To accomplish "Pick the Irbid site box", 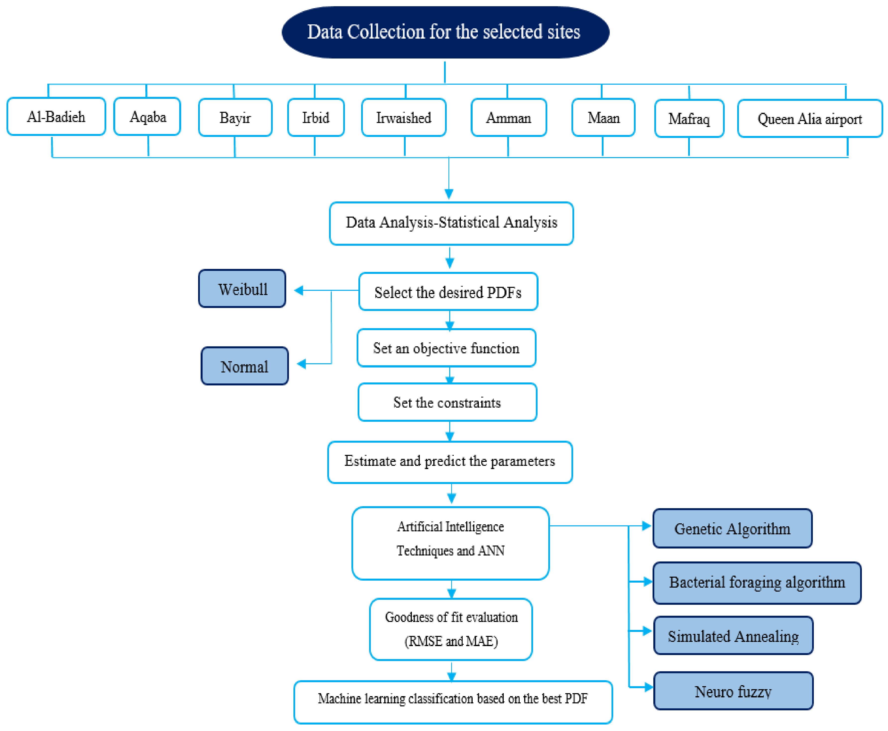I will (x=316, y=118).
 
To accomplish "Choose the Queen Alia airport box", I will (x=809, y=119).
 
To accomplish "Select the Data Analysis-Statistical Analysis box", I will (x=451, y=223).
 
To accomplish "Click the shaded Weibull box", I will (x=242, y=289).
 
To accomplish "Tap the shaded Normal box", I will (x=244, y=366).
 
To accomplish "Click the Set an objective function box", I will (x=446, y=348).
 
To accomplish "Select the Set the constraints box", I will (x=447, y=402).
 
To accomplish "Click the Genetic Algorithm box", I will (x=732, y=529).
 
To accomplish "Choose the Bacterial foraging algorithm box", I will (x=756, y=582).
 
